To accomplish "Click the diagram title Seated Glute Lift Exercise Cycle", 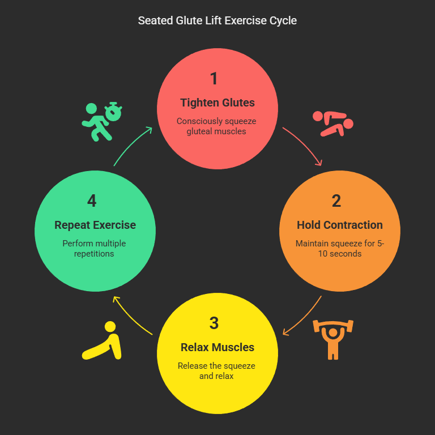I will tap(217, 21).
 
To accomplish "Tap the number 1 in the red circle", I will tap(214, 79).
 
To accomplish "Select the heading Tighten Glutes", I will tap(217, 103).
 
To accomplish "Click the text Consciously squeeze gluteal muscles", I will tap(217, 126).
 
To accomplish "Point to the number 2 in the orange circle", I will tap(336, 201).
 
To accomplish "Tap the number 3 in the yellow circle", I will tap(214, 323).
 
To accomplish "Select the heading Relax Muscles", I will tap(217, 347).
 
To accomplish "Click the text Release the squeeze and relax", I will tap(217, 370).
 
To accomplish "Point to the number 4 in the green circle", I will tap(92, 201).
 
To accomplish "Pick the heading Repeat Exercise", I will tap(95, 225).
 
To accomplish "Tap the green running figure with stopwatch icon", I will tap(102, 121).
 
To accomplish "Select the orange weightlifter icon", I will tap(333, 339).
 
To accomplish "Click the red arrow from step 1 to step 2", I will tap(305, 145).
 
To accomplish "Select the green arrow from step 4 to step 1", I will tap(131, 145).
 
